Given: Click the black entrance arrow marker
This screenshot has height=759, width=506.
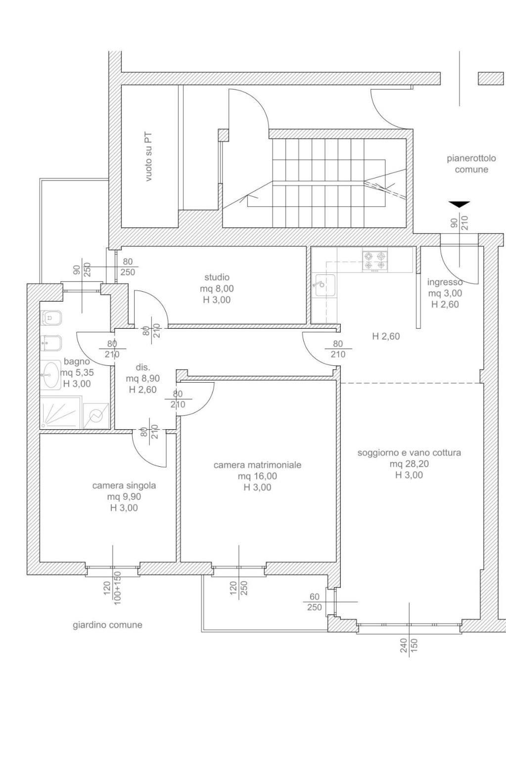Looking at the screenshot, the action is [x=459, y=204].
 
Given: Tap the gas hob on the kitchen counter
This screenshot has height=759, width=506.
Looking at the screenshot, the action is [x=375, y=262].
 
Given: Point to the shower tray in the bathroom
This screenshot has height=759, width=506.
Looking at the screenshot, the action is [x=61, y=413].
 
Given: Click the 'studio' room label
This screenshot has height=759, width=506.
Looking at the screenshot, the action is [x=217, y=277].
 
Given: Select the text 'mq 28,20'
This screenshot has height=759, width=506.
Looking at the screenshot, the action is [x=409, y=464].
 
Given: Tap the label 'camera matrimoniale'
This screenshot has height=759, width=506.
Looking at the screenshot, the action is [x=257, y=465].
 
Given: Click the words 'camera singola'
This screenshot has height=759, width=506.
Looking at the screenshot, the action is [x=124, y=486].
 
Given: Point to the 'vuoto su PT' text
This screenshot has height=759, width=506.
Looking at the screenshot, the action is [x=148, y=157].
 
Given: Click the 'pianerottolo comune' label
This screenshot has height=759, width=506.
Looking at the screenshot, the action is [x=471, y=164].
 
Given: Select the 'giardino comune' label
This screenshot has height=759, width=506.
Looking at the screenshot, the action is [x=107, y=625].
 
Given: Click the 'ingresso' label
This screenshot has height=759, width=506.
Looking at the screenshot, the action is [x=445, y=282].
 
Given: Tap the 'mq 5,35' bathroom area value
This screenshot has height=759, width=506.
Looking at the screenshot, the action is [x=77, y=373].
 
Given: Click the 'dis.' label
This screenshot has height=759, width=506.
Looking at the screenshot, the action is [x=142, y=367].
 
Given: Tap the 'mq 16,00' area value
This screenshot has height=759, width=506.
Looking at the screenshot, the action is [x=257, y=476].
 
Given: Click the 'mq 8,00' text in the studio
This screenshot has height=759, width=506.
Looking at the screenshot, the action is [x=217, y=288].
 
